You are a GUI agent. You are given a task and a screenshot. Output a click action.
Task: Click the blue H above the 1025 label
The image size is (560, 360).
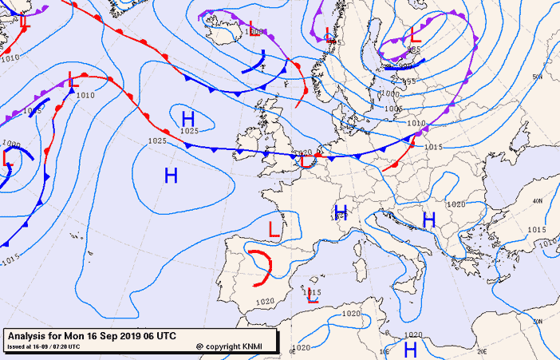click(x=189, y=118)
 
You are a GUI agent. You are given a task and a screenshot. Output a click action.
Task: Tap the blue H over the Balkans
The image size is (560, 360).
click(x=428, y=220)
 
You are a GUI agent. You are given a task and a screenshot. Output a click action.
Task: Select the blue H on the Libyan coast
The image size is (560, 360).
click(x=411, y=349)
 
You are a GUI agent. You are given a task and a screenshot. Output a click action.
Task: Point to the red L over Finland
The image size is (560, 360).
click(x=416, y=36)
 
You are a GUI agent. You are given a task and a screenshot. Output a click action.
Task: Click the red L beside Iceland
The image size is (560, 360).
click(x=254, y=29)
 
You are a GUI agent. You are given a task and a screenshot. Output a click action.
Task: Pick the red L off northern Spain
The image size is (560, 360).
click(x=274, y=230)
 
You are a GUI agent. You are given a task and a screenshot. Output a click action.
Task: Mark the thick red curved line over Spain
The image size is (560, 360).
click(x=263, y=268)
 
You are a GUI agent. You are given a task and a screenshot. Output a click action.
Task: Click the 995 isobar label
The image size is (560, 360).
click(x=409, y=81)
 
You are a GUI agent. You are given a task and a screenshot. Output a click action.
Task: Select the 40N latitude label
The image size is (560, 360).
click(x=538, y=201)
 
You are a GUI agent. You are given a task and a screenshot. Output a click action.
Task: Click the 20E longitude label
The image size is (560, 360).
click(x=481, y=350)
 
